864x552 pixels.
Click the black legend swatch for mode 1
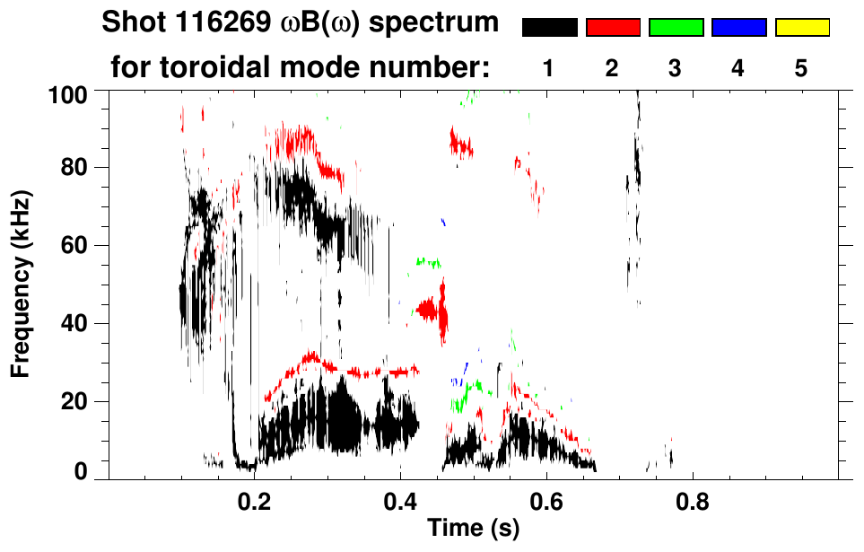click(549, 28)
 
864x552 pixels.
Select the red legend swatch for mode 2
click(613, 28)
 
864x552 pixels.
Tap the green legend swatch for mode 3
click(676, 28)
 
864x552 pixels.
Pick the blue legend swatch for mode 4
click(738, 28)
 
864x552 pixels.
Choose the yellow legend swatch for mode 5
click(802, 28)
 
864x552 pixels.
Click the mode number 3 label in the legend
click(676, 68)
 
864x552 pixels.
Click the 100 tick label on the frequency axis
click(67, 93)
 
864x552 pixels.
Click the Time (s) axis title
click(473, 529)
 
